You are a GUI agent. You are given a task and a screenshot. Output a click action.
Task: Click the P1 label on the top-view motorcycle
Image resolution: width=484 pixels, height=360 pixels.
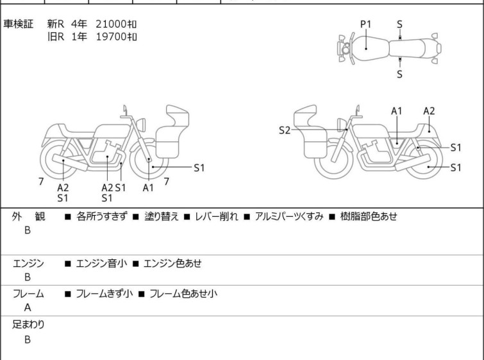tap(366, 24)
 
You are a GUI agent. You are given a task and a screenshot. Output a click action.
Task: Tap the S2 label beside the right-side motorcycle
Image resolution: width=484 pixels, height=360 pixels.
tap(285, 130)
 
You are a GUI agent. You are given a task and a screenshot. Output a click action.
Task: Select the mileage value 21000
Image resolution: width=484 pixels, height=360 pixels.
tap(111, 24)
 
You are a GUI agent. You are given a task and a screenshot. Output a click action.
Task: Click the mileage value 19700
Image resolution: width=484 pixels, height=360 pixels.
tap(111, 37)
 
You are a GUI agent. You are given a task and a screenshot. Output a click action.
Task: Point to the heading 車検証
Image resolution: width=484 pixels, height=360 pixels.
tap(18, 24)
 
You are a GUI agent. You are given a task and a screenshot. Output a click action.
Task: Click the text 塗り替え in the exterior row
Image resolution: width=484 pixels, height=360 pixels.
tap(162, 216)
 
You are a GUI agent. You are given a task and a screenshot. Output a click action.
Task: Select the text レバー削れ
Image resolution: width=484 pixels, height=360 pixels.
tap(217, 216)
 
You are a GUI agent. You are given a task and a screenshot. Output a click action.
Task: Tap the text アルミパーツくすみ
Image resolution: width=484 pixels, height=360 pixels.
tap(289, 216)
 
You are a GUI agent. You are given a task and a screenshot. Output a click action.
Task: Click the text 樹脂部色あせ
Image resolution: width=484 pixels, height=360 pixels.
tap(369, 216)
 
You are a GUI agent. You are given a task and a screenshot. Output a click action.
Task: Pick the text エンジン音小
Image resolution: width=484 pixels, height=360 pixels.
tap(101, 263)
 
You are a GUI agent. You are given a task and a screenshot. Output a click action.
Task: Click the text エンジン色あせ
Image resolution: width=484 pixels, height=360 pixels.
tap(172, 263)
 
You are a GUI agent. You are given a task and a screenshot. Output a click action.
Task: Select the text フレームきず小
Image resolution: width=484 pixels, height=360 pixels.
tap(104, 293)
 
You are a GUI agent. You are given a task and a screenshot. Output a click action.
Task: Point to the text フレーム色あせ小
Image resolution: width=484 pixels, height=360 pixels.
tap(183, 293)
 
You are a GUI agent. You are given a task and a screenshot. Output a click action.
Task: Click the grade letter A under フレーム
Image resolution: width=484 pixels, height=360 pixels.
tap(28, 308)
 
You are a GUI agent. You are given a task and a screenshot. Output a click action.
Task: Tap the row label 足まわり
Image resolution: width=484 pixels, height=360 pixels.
tap(28, 325)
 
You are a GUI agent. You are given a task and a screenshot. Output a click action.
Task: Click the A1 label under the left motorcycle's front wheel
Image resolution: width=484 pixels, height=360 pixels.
tap(148, 187)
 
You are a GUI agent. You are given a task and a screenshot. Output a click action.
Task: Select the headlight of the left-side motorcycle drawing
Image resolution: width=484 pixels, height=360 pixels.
tap(141, 124)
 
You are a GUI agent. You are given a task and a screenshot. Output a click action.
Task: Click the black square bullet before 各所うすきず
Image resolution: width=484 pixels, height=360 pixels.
tap(67, 217)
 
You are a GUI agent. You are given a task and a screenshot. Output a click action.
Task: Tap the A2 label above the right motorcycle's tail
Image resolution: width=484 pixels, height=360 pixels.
tap(429, 111)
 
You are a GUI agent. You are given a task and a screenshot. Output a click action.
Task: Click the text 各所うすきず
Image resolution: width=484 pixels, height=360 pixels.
tap(102, 216)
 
